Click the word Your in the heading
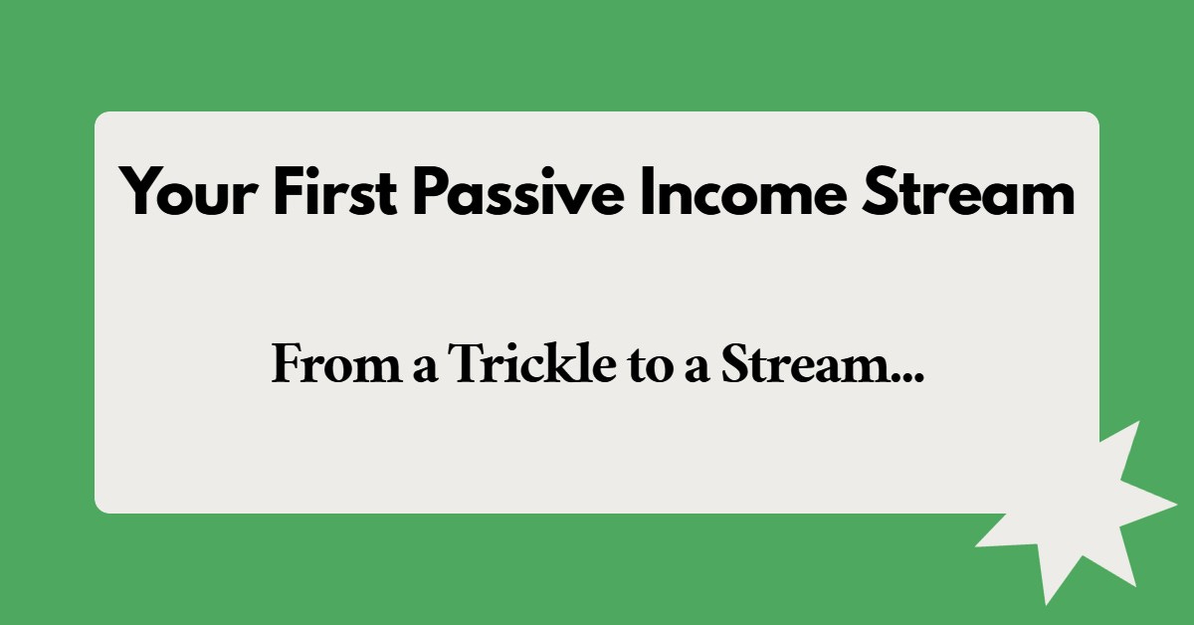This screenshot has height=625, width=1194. [x=186, y=192]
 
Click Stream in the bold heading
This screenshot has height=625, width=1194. [x=967, y=192]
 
